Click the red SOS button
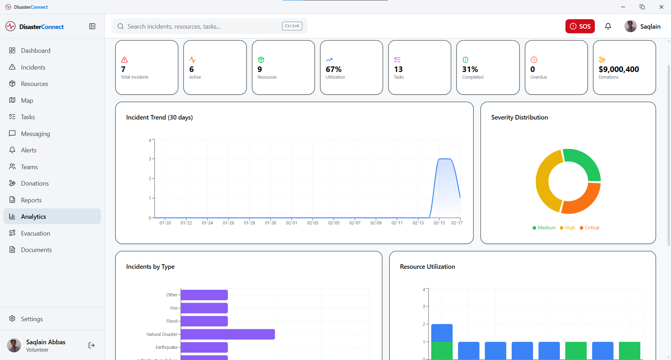click(x=580, y=26)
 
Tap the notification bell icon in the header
click(x=608, y=26)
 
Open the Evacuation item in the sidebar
click(x=35, y=233)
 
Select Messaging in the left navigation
click(x=35, y=134)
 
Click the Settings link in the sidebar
click(x=31, y=319)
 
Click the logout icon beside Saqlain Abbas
click(x=92, y=345)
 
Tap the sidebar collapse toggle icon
click(x=92, y=26)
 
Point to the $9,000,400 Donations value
click(x=619, y=69)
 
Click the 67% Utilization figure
click(x=333, y=69)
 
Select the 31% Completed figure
click(x=470, y=69)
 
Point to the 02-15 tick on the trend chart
click(x=439, y=223)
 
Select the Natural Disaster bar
click(x=228, y=334)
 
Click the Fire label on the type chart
click(x=174, y=308)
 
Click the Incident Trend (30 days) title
click(x=159, y=117)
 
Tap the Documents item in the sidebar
click(x=36, y=250)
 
